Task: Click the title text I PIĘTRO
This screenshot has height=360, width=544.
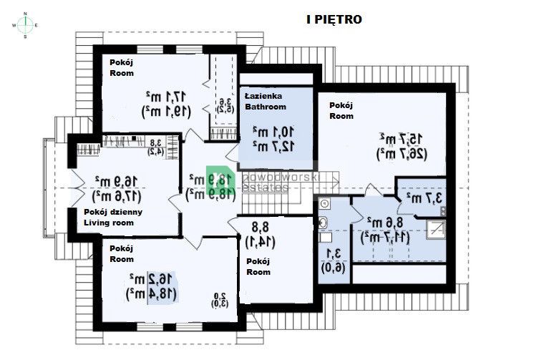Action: [334, 20]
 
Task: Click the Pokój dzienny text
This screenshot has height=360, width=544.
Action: [113, 212]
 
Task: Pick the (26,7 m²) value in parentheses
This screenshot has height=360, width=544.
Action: [392, 152]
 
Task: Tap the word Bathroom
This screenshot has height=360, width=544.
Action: [266, 107]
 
